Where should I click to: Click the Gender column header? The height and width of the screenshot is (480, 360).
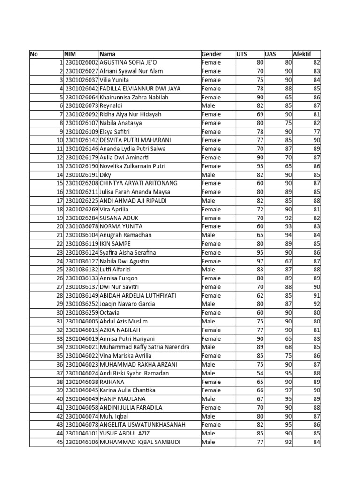(211, 54)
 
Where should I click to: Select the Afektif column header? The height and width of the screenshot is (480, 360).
(302, 54)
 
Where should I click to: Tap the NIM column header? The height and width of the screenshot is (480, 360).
(70, 54)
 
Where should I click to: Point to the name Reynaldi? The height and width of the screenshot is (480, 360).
(112, 106)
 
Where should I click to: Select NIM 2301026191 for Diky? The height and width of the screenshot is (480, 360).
(82, 175)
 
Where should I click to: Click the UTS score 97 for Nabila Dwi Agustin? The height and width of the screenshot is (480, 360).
(259, 261)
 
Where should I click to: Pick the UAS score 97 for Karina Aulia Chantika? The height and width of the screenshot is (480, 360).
(288, 390)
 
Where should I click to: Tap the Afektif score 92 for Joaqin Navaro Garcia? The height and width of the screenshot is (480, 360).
(316, 304)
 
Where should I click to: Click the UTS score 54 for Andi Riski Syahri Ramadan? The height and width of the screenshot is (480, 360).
(259, 373)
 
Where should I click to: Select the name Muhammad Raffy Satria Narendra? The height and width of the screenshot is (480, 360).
(144, 347)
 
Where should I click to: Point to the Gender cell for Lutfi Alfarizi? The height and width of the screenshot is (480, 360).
(209, 270)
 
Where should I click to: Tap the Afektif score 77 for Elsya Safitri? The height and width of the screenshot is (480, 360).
(316, 132)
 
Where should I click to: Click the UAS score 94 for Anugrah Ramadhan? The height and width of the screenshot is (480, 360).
(288, 235)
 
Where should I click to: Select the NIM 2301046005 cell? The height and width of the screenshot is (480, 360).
(82, 321)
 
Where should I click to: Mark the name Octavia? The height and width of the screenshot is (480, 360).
(111, 313)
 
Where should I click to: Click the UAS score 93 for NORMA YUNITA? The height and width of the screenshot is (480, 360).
(288, 226)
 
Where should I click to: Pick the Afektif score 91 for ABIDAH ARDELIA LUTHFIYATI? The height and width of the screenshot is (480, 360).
(316, 295)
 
